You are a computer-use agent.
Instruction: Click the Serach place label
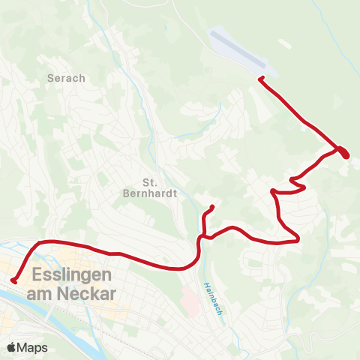click(66, 77)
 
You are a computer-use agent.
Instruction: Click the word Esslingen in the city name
click(72, 275)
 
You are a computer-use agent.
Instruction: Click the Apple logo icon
click(11, 347)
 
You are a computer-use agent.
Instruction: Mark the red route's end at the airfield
click(260, 79)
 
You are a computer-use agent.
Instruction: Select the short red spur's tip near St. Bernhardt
click(213, 207)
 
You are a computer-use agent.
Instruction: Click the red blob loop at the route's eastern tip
click(343, 152)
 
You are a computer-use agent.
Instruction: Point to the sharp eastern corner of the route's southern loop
click(298, 240)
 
